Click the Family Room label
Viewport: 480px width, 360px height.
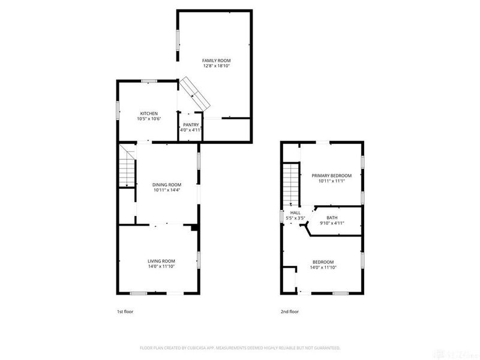pos(216,61)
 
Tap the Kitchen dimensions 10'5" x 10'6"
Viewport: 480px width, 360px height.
pos(149,119)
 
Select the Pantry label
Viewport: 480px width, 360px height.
pos(191,125)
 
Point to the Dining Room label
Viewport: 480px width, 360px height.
pos(167,185)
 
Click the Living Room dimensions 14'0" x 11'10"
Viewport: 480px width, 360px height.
pos(161,266)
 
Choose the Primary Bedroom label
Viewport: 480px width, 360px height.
pos(332,176)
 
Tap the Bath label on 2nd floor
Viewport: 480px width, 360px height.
pos(332,218)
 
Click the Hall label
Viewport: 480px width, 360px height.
pos(295,213)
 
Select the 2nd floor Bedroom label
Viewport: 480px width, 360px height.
pos(323,262)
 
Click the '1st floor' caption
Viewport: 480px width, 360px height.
pos(125,311)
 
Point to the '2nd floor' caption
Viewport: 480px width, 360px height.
pos(290,311)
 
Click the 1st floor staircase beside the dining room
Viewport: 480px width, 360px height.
pos(127,166)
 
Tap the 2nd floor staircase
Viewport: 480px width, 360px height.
pos(291,185)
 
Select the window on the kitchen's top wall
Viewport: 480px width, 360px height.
pos(149,81)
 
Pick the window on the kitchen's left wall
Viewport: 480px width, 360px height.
pos(117,110)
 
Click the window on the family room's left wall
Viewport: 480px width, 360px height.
pos(177,40)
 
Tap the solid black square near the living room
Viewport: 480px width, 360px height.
pos(194,228)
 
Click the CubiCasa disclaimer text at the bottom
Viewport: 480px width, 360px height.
pos(240,348)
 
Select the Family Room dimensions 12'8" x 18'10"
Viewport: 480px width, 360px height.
pos(216,66)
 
